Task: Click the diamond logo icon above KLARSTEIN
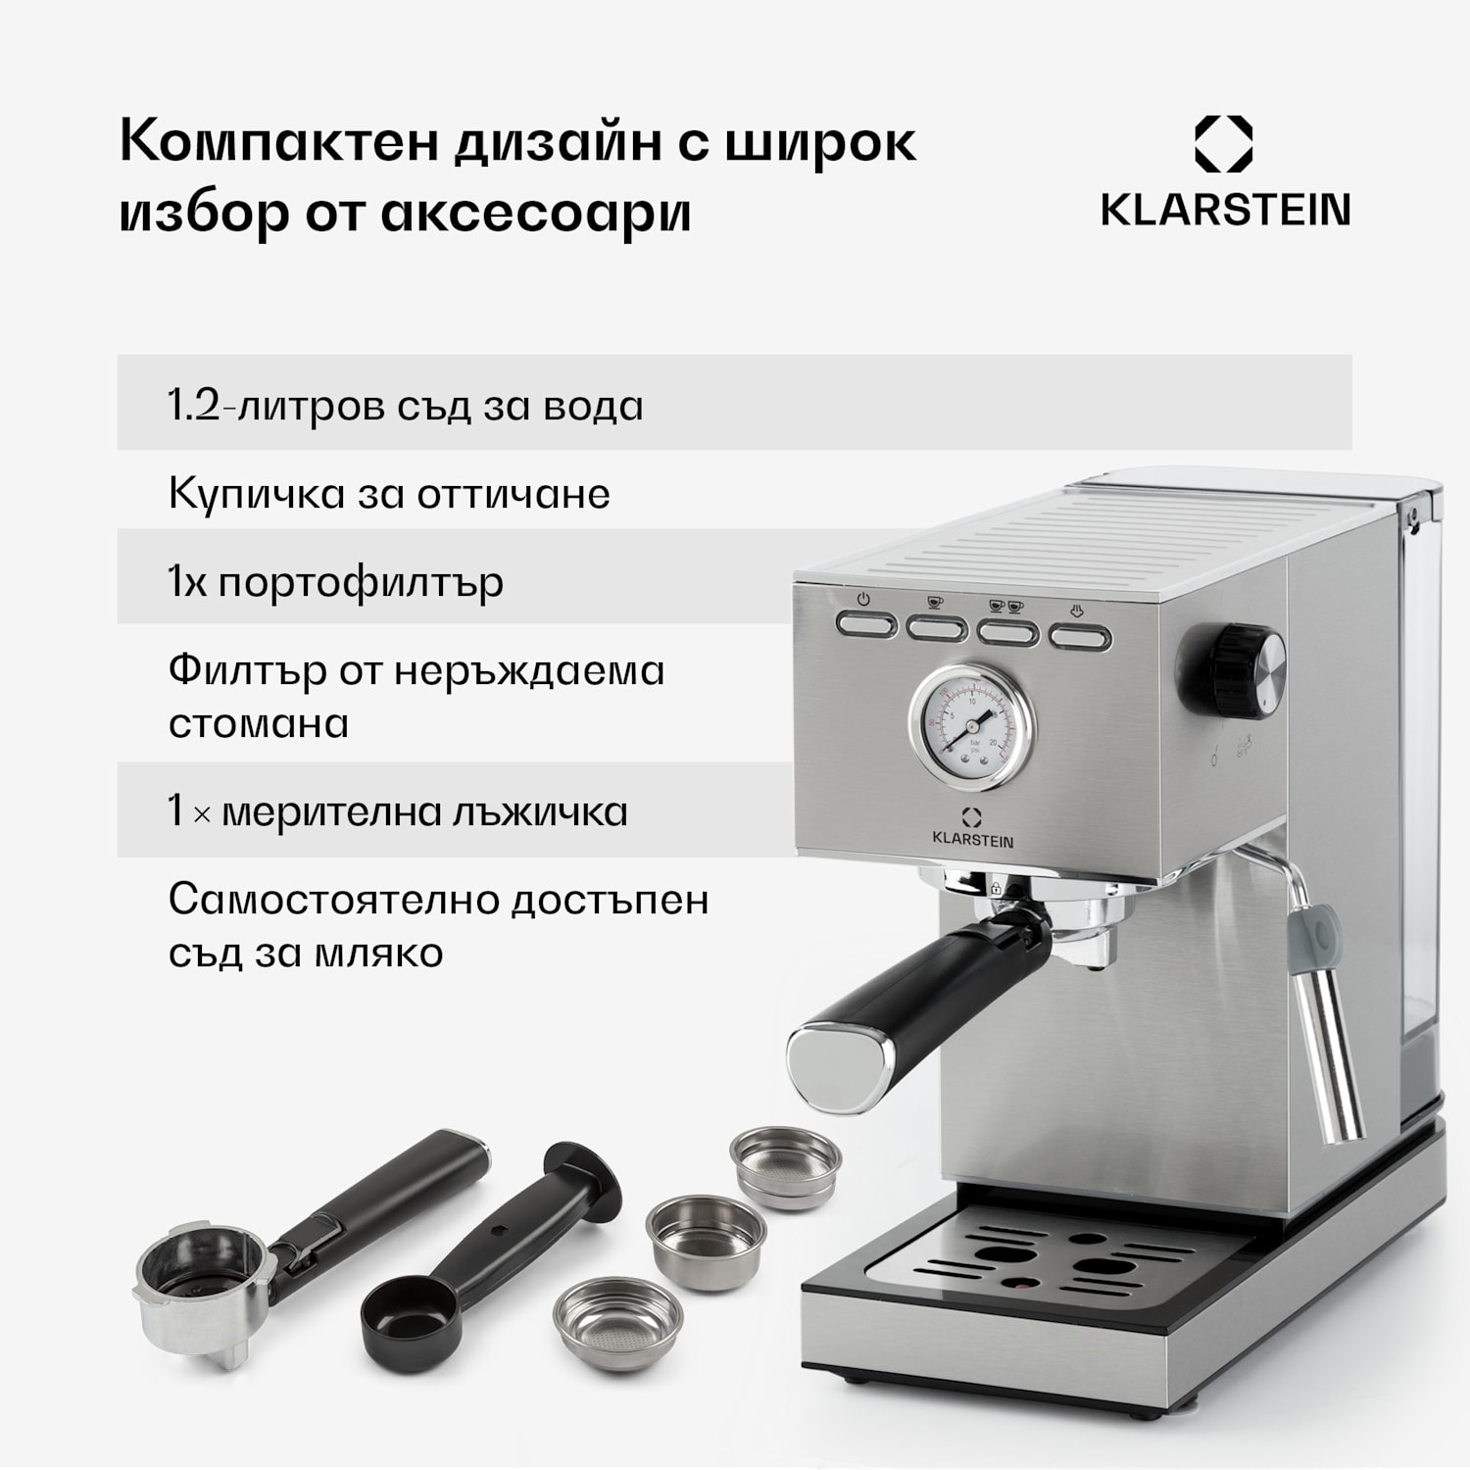coord(1223,144)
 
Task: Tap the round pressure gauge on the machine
coord(971,726)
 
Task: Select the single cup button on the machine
coord(936,626)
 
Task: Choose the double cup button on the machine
coord(1007,632)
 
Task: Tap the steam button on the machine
coord(1080,638)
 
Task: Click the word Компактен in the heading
coord(278,143)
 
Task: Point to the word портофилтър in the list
coord(360,583)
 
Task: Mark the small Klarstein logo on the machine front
coord(972,828)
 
